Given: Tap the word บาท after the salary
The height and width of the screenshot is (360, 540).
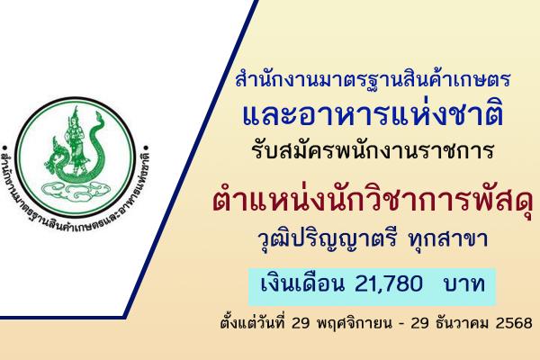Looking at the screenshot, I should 464,259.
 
